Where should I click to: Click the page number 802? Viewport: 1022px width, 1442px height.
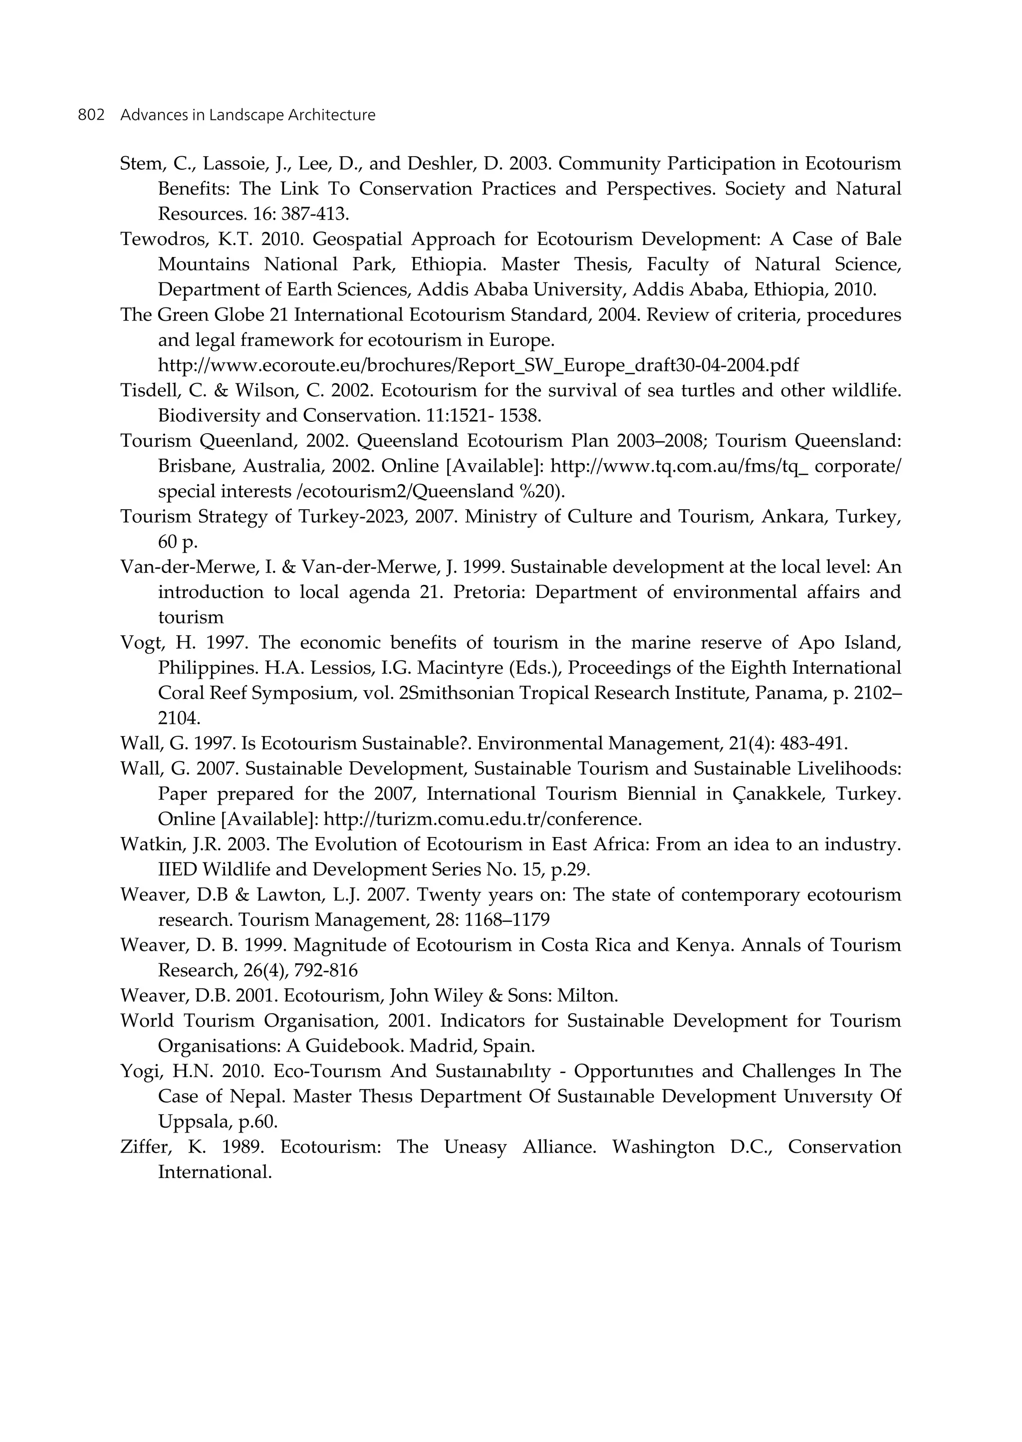pyautogui.click(x=91, y=115)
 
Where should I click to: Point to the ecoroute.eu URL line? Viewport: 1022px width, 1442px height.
pyautogui.click(x=478, y=365)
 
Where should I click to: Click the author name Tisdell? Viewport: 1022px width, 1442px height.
pyautogui.click(x=143, y=390)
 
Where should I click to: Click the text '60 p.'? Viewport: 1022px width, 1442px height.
pyautogui.click(x=178, y=542)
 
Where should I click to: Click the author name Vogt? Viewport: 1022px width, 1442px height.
pyautogui.click(x=138, y=643)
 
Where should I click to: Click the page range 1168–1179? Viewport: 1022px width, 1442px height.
pyautogui.click(x=507, y=920)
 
